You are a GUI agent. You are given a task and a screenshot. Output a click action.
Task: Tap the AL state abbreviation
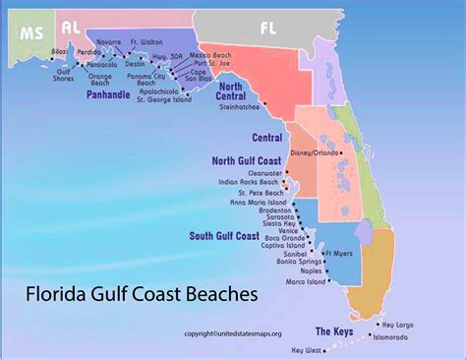tap(71, 27)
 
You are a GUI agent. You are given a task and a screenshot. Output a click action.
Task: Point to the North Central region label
tap(238, 93)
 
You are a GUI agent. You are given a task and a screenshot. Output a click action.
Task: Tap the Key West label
tap(307, 349)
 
